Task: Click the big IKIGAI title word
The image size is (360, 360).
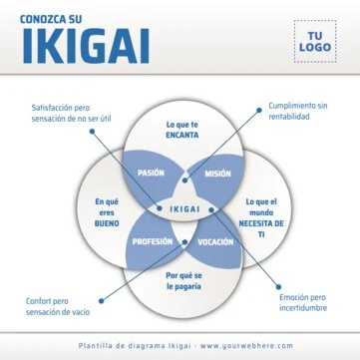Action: tap(84, 45)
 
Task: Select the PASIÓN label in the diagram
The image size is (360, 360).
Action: tap(151, 173)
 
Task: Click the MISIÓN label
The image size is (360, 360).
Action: tap(217, 173)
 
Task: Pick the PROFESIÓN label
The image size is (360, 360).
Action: tap(153, 241)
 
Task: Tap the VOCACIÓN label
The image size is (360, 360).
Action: tap(215, 241)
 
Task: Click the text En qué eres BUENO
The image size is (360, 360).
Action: tap(107, 212)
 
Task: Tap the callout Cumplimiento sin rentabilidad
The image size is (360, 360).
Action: tap(297, 110)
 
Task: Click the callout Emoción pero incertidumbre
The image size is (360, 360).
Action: tap(302, 302)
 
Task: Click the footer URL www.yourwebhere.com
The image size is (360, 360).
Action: tap(246, 345)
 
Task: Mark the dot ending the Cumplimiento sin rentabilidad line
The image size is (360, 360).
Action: tap(183, 185)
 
